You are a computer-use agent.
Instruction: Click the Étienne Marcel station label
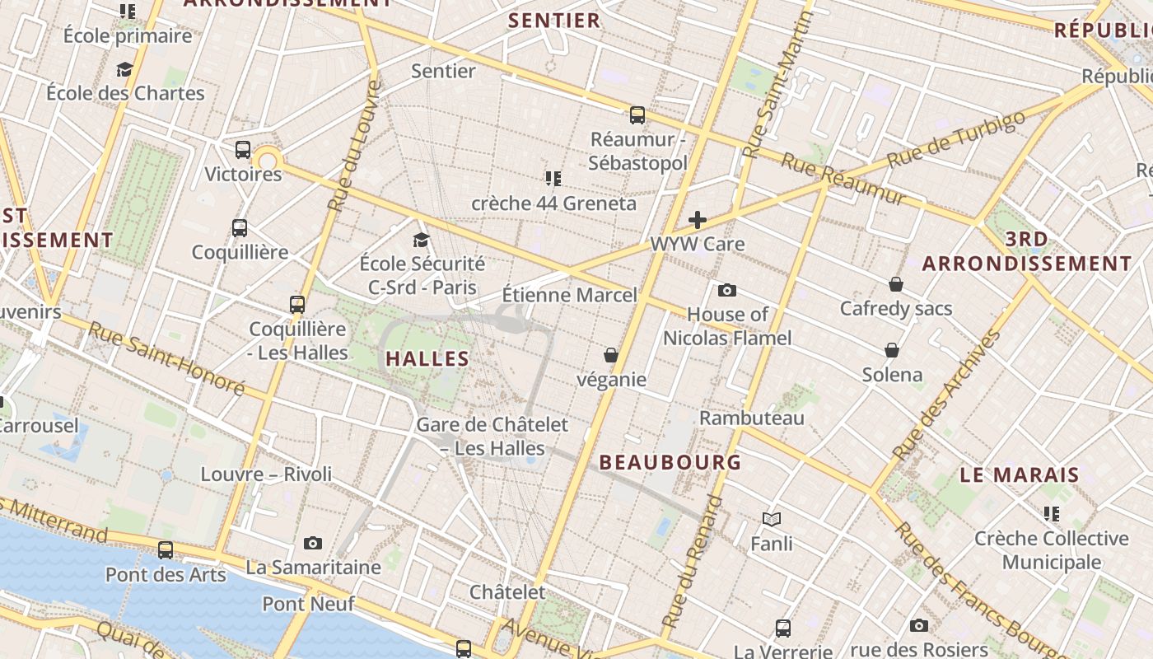pos(569,295)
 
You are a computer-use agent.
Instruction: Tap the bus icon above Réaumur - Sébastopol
pos(637,115)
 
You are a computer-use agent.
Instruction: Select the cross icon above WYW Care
pos(698,220)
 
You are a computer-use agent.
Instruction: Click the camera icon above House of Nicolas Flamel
pos(726,290)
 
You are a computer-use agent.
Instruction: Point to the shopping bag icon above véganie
pos(611,355)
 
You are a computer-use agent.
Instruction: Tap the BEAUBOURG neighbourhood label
pos(670,462)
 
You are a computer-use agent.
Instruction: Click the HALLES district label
pos(427,358)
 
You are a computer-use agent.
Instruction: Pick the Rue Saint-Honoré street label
pos(166,358)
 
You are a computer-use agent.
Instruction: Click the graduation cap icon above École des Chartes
pos(125,69)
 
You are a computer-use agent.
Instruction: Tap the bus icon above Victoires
pos(243,150)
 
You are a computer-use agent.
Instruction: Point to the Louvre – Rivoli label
pos(266,474)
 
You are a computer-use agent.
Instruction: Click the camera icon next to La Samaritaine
pos(313,543)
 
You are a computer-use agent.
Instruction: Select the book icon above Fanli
pos(772,519)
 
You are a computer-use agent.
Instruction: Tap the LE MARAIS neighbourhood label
pos(1020,475)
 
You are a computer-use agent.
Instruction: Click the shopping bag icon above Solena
pos(892,350)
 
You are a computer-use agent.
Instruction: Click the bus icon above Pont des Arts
pos(166,550)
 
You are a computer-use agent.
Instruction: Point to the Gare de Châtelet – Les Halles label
pos(492,437)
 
